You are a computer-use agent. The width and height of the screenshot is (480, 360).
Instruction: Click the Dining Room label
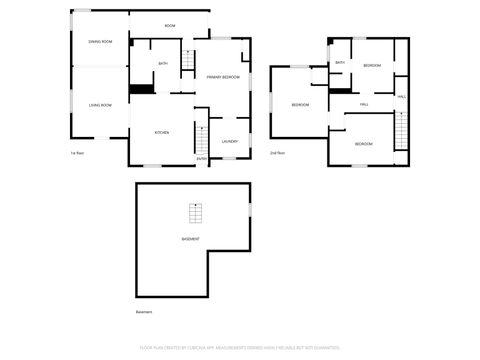(x=99, y=41)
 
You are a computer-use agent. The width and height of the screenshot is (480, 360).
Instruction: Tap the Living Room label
(x=99, y=105)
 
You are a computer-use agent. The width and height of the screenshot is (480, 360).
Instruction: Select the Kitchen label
(x=161, y=132)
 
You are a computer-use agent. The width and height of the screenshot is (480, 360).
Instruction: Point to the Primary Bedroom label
(x=222, y=77)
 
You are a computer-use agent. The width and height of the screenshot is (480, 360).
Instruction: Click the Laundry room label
(x=229, y=141)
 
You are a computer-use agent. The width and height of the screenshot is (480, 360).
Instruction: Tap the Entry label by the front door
(x=202, y=158)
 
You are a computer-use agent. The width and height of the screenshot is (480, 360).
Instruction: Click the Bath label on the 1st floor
(x=162, y=64)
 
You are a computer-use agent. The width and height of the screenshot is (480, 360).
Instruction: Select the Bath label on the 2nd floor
(x=340, y=63)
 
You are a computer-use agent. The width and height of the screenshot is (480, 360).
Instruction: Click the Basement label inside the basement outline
(x=190, y=239)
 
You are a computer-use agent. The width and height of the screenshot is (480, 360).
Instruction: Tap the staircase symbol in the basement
(x=194, y=213)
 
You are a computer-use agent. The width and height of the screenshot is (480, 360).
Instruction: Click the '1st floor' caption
(x=76, y=153)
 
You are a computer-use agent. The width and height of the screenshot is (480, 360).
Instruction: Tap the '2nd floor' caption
(x=277, y=153)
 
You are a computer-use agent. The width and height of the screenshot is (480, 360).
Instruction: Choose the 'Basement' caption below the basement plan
(x=143, y=312)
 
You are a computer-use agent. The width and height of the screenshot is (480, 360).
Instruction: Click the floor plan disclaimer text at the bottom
(x=239, y=349)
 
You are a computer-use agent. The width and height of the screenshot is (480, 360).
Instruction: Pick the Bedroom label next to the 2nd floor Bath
(x=372, y=65)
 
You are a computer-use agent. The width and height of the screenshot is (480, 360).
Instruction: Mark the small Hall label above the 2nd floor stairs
(x=402, y=96)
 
